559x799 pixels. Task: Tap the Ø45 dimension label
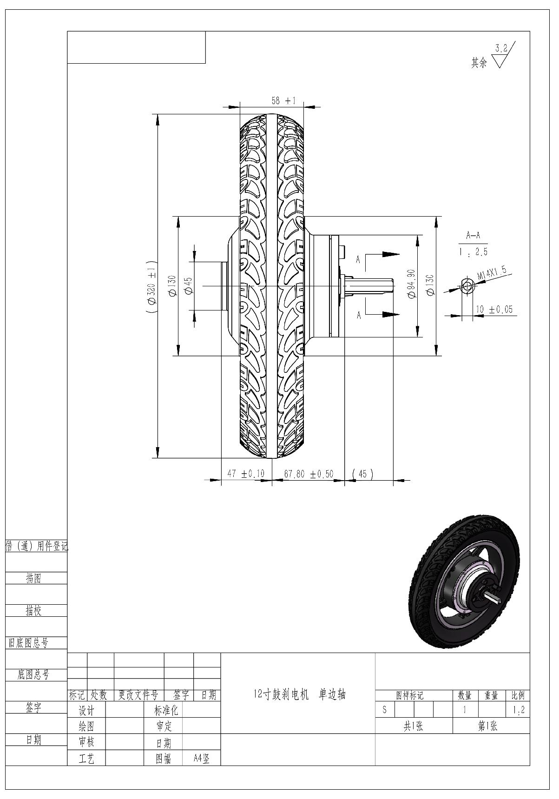[188, 285]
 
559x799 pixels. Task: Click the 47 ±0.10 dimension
[245, 474]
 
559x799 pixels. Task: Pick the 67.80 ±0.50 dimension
[309, 474]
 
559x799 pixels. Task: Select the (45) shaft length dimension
[362, 474]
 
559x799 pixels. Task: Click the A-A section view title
[473, 236]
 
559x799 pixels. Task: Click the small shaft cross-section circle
[467, 286]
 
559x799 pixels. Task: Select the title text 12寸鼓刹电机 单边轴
[300, 694]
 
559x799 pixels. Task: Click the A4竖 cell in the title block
[201, 759]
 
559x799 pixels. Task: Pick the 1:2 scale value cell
[518, 710]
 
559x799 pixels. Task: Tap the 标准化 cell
[165, 710]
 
